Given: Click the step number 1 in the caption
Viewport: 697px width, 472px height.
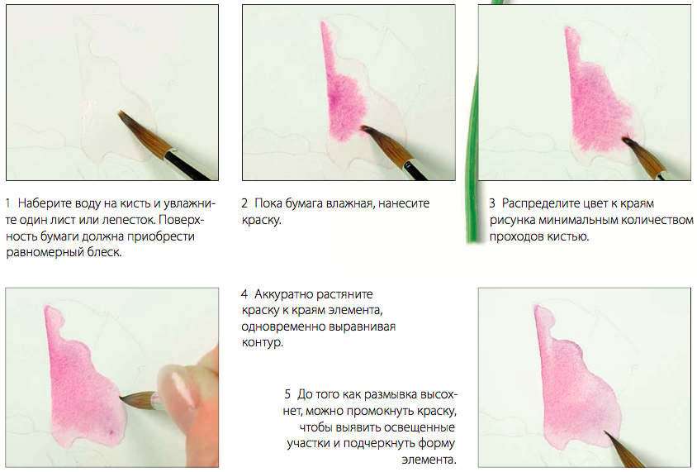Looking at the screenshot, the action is point(8,203).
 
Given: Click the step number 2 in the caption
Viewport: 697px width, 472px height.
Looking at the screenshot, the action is point(244,203).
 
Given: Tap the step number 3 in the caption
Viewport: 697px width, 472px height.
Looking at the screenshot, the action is point(492,203).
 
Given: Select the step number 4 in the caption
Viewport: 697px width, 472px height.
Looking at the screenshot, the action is point(244,294).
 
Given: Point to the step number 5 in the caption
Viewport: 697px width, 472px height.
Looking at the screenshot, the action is point(287,394).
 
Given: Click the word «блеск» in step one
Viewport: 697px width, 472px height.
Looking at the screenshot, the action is point(106,252).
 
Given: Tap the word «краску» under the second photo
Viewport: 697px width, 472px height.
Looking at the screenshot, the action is point(260,221).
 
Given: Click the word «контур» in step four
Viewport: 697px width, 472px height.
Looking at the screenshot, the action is point(262,342).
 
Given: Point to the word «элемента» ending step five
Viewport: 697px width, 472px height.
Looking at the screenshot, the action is point(429,460).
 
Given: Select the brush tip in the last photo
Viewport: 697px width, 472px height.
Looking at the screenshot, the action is point(605,432).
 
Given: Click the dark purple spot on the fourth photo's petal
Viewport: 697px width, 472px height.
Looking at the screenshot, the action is point(110,431).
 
